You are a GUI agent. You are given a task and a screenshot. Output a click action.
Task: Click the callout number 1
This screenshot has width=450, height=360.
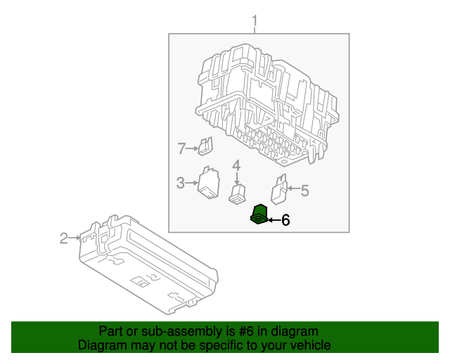coord(255,23)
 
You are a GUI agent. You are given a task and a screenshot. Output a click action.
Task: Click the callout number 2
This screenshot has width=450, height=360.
coord(64,238)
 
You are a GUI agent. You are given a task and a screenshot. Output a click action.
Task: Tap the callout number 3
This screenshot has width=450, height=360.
coord(181,183)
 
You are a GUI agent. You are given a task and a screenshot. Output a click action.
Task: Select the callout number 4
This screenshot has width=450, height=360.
coord(237,165)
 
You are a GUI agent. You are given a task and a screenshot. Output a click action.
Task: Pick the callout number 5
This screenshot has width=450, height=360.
coord(305,189)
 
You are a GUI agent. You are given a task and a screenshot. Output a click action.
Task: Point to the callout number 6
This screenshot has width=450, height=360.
coord(285,220)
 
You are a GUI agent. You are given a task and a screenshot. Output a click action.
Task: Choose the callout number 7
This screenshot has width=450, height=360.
coord(181,148)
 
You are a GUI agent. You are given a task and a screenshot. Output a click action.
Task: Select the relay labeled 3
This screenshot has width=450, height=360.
coord(209,184)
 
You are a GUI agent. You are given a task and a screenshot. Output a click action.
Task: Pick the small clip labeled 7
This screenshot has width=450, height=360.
coord(206,146)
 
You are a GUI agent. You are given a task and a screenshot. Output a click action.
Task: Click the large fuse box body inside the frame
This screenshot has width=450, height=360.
coord(267,102)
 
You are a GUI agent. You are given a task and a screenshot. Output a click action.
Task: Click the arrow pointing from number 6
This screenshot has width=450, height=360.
coord(273,220)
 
